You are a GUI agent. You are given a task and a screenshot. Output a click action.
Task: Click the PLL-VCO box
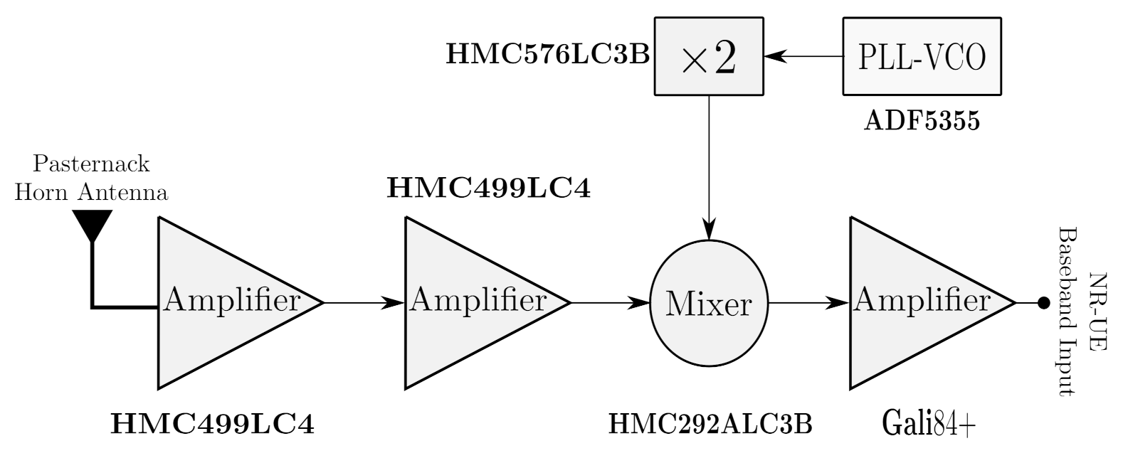click(x=922, y=56)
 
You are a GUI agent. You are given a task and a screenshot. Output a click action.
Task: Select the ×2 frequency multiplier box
click(x=708, y=56)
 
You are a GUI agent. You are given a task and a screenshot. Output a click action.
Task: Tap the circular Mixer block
click(x=709, y=304)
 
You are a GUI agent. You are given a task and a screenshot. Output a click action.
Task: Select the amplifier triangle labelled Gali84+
click(x=918, y=302)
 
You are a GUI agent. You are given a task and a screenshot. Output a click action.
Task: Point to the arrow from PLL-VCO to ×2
click(x=803, y=56)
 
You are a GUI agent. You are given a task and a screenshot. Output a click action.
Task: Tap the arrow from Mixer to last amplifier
click(x=810, y=304)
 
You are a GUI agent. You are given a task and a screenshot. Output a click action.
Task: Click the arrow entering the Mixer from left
click(x=611, y=303)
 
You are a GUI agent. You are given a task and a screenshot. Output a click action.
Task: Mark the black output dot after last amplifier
click(x=1043, y=303)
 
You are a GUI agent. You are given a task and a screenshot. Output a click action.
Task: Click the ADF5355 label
click(x=922, y=122)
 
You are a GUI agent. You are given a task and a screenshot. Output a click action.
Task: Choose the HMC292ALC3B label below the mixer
click(x=710, y=425)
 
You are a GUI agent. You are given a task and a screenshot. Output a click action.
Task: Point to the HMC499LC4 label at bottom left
click(x=212, y=425)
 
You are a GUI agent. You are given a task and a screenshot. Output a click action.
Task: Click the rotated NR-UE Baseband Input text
click(x=1080, y=311)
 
